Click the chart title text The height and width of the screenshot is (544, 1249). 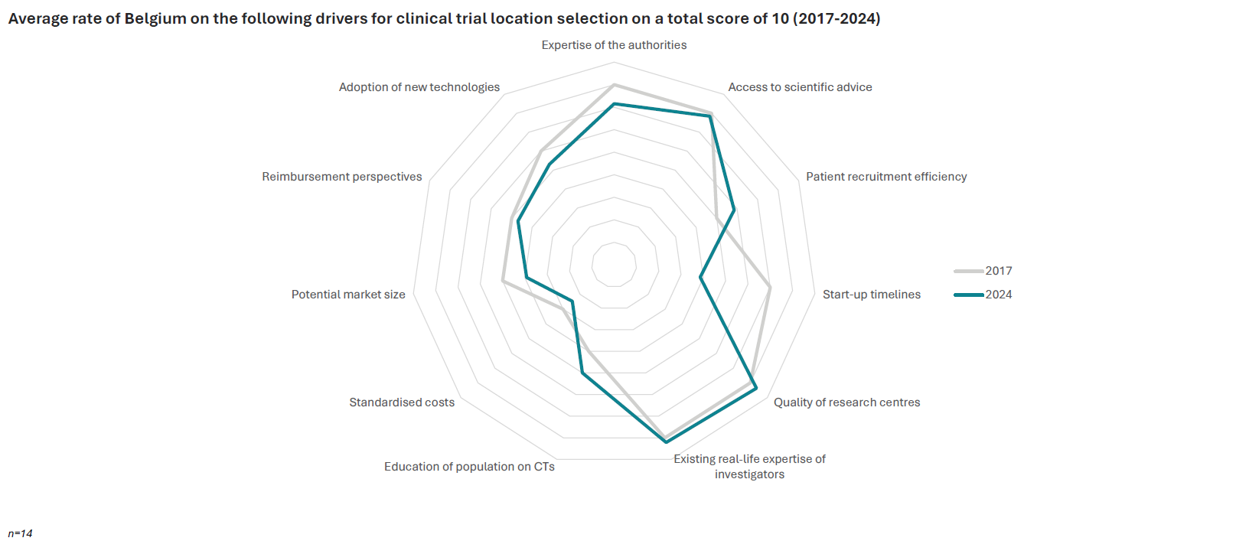click(444, 18)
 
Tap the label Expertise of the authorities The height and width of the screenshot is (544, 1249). click(614, 45)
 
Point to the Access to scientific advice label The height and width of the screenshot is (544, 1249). click(800, 87)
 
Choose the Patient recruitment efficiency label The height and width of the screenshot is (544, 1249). click(886, 177)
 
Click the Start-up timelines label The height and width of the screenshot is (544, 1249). click(872, 295)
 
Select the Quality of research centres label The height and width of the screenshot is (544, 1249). click(846, 402)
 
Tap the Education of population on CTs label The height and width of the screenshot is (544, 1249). click(469, 467)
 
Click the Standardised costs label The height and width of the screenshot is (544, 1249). click(402, 402)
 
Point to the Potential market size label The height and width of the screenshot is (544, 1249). click(348, 295)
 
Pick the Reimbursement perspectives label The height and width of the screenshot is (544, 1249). click(342, 177)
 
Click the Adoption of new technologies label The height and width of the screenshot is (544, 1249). click(419, 87)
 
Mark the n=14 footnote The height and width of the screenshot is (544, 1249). click(20, 533)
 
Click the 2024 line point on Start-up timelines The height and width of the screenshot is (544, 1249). click(700, 278)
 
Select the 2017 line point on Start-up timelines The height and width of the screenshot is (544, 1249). click(770, 288)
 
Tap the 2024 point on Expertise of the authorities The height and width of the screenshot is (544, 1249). click(614, 104)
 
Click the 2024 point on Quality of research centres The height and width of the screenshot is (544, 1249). click(756, 389)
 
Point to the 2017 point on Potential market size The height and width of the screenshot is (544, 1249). click(502, 281)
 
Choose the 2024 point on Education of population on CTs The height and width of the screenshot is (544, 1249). click(582, 373)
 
